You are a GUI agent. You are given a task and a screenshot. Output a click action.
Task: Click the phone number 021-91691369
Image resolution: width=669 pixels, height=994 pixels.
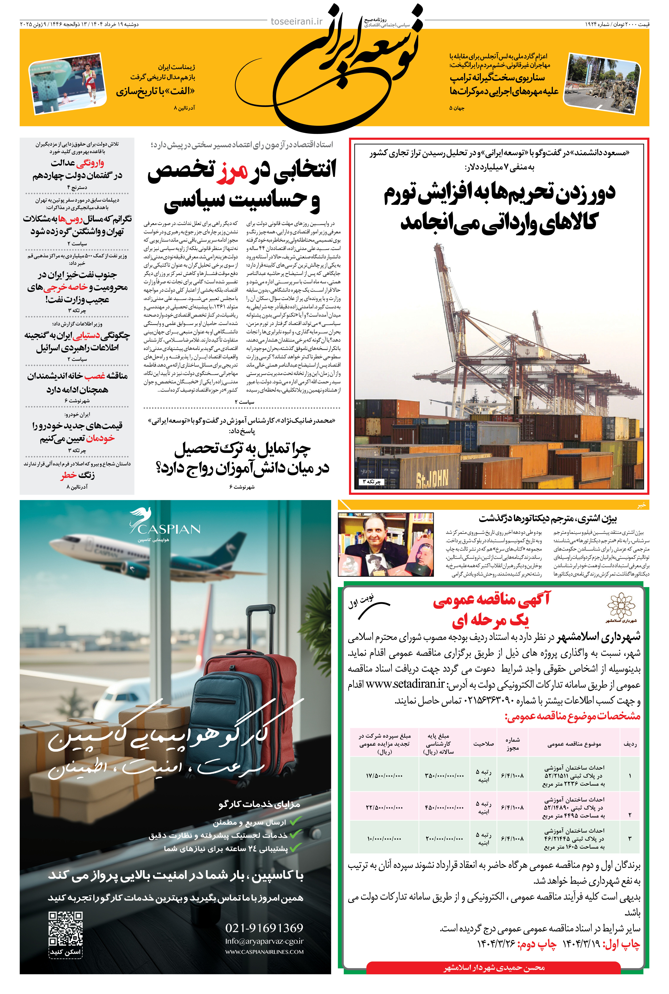tap(264, 928)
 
